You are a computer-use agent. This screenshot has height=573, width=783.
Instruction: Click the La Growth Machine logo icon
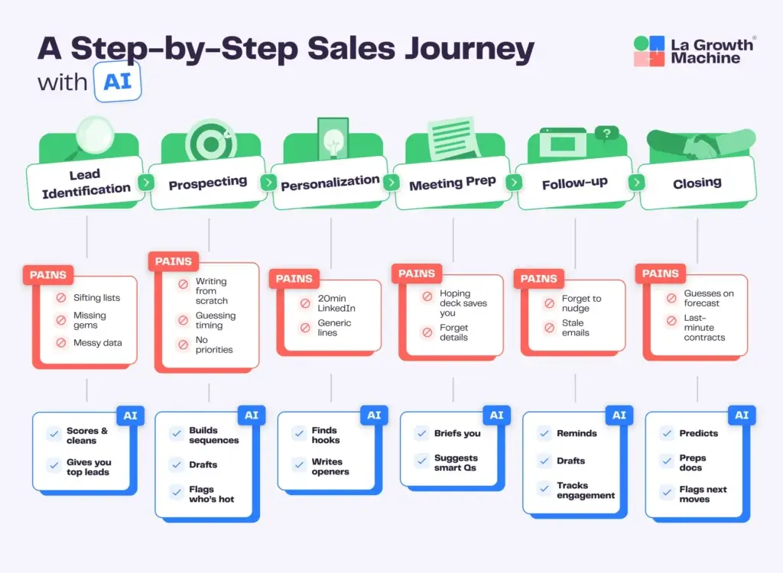pyautogui.click(x=649, y=51)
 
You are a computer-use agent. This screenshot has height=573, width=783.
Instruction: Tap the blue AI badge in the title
pyautogui.click(x=117, y=80)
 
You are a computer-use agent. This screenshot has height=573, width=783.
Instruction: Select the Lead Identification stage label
pyautogui.click(x=86, y=183)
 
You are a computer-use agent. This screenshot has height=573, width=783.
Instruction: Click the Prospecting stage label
pyautogui.click(x=207, y=183)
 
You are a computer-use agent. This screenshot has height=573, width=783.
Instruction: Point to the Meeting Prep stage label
pyautogui.click(x=452, y=183)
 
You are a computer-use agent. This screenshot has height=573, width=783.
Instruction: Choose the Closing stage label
pyautogui.click(x=697, y=183)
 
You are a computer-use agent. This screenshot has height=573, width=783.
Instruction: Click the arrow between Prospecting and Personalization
pyautogui.click(x=268, y=183)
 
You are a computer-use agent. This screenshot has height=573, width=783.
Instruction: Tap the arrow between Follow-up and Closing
pyautogui.click(x=635, y=183)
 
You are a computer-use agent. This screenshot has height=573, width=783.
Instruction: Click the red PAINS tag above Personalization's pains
pyautogui.click(x=294, y=279)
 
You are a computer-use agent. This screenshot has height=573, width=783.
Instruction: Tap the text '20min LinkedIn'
pyautogui.click(x=337, y=303)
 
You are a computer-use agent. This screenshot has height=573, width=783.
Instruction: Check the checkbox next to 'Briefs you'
pyautogui.click(x=421, y=433)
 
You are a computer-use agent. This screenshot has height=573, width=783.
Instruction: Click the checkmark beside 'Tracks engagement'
pyautogui.click(x=544, y=490)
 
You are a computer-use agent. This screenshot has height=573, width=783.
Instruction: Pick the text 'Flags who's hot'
pyautogui.click(x=211, y=494)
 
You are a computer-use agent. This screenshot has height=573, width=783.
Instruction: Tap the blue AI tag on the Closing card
pyautogui.click(x=741, y=415)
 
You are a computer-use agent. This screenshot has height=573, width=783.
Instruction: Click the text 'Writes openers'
pyautogui.click(x=330, y=467)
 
